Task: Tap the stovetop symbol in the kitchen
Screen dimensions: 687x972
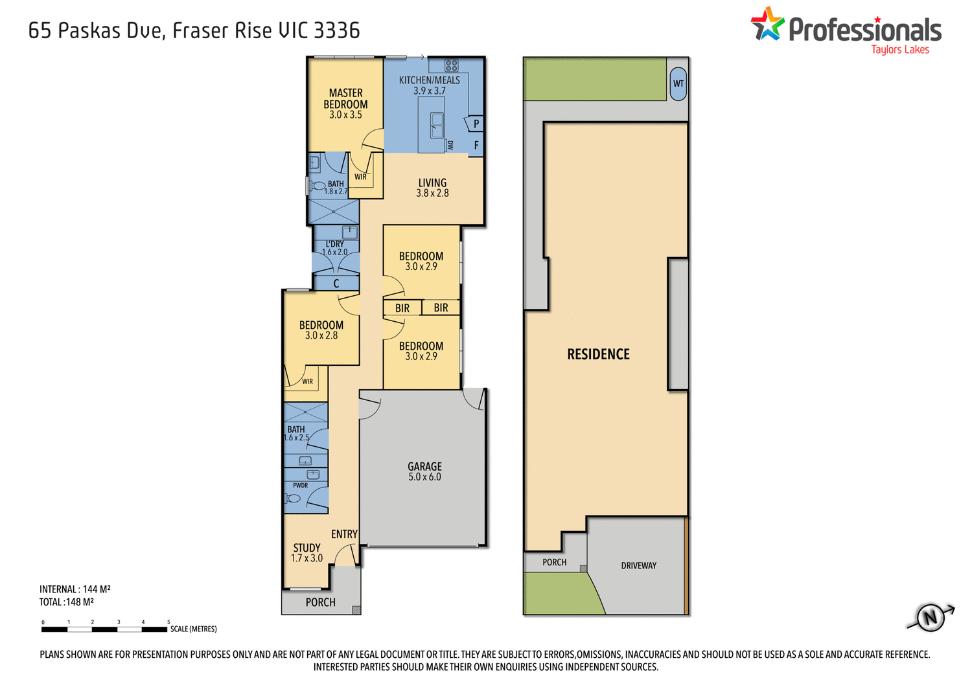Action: pos(452,65)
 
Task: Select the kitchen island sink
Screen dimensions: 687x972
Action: pos(437,122)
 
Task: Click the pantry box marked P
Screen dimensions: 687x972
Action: pos(476,124)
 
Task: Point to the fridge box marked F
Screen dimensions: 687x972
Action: pos(476,146)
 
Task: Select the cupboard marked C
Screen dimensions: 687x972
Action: pos(336,284)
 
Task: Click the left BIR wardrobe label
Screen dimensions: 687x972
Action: pos(402,308)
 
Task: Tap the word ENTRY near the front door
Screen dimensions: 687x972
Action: pos(344,534)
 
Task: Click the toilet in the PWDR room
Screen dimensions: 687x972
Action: pos(293,499)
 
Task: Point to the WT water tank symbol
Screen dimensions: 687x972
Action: pos(678,84)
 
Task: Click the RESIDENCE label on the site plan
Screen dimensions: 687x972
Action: pos(598,354)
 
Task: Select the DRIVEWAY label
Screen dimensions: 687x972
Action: pos(638,566)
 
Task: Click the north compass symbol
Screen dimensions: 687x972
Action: pos(931,616)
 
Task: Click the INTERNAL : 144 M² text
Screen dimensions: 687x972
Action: pos(75,589)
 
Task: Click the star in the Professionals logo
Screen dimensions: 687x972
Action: pos(768,25)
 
